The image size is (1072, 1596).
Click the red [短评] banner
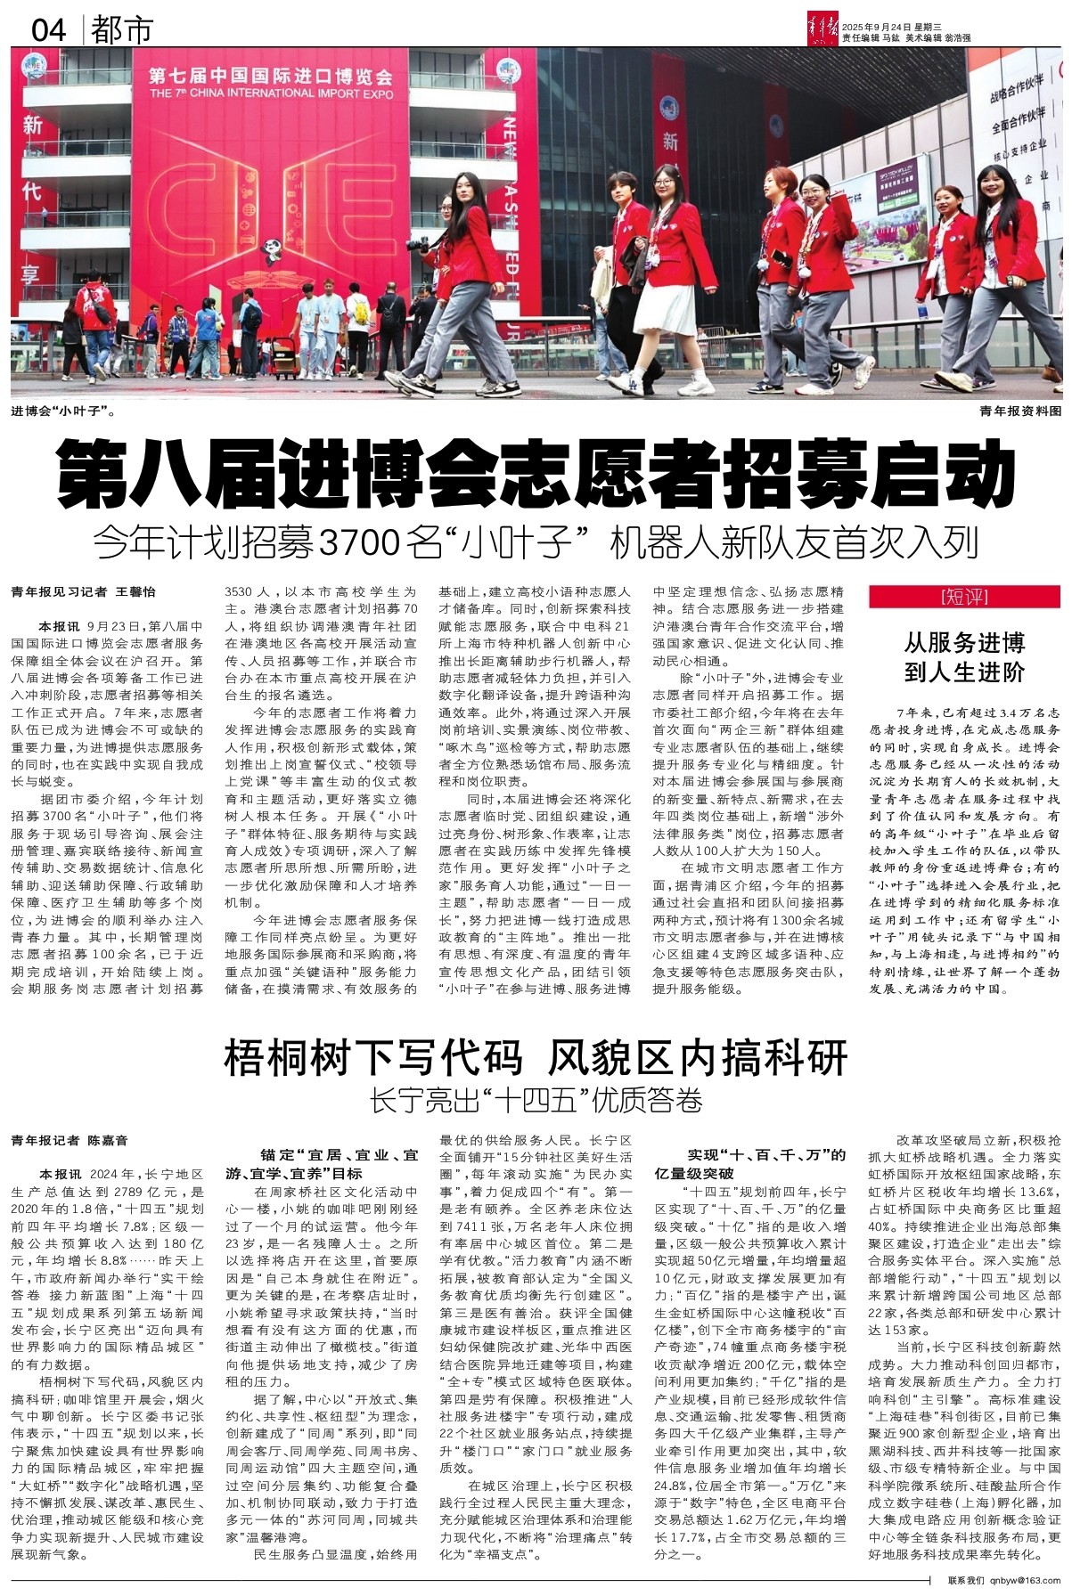point(964,597)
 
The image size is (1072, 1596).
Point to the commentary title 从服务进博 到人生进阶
point(964,656)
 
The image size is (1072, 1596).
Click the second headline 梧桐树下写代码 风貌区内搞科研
point(536,1057)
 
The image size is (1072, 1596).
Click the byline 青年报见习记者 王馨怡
point(84,591)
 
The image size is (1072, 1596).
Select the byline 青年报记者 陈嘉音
point(70,1140)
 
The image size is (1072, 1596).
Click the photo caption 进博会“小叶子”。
point(63,411)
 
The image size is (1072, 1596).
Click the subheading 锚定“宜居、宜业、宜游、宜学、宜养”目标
point(322,1163)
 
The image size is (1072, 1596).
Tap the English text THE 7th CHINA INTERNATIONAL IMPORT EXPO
point(271,93)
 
